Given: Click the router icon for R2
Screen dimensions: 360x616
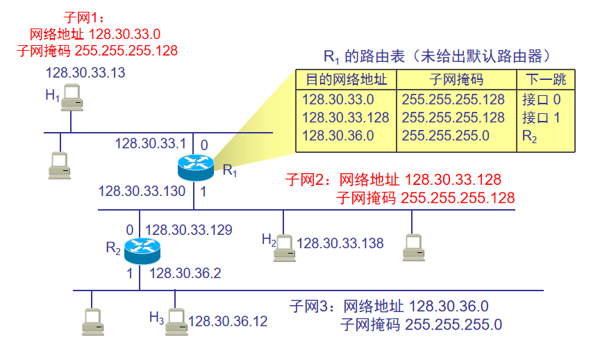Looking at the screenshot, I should [142, 251].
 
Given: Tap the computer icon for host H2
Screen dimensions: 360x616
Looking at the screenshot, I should [284, 247].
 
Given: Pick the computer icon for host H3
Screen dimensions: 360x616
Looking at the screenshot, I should [176, 322].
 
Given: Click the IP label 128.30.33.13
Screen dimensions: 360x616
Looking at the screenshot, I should [84, 72].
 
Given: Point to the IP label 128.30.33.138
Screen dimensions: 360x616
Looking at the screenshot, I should [340, 243].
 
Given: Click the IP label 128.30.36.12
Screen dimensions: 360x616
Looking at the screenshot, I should [228, 321].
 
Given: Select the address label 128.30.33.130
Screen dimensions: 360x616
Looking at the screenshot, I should [142, 190].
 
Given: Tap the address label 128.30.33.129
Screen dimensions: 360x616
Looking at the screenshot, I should [188, 229].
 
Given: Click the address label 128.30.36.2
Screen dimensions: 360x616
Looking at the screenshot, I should [185, 274].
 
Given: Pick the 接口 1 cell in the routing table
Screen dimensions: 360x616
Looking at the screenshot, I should [541, 117].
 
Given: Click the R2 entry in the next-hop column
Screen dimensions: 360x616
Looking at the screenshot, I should [530, 137].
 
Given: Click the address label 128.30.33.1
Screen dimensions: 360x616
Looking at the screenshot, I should [150, 144].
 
